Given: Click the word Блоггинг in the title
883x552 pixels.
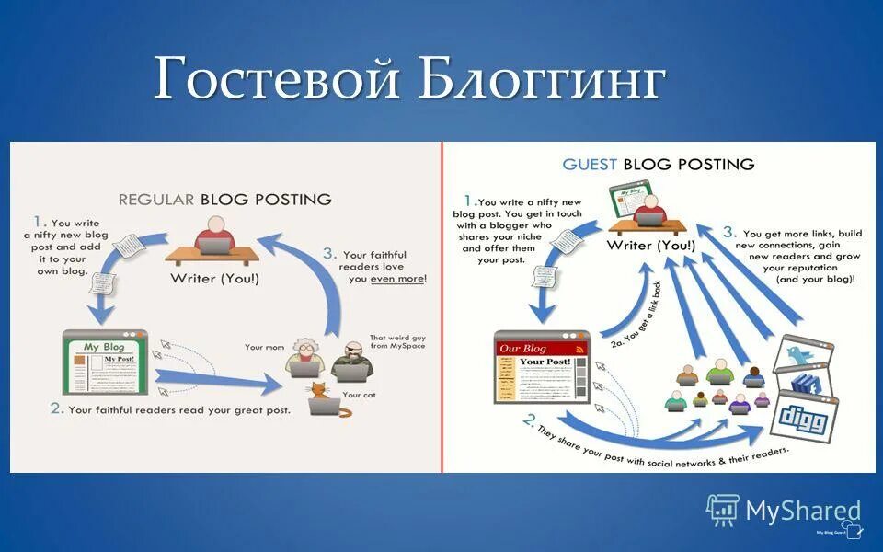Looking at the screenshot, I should point(541,79).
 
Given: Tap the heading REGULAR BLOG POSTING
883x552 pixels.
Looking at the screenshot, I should point(224,199).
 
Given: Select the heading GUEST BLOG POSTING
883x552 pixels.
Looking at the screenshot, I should point(658,164).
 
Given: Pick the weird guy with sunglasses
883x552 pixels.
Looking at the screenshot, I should point(353,360).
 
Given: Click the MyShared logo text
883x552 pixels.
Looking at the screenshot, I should point(803,512).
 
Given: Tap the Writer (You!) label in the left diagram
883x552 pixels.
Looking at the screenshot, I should point(213,277).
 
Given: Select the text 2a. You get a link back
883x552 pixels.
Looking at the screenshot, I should point(635,312).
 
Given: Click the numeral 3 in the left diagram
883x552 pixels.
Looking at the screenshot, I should point(329,252).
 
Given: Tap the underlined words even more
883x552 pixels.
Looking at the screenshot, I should point(397,277).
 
